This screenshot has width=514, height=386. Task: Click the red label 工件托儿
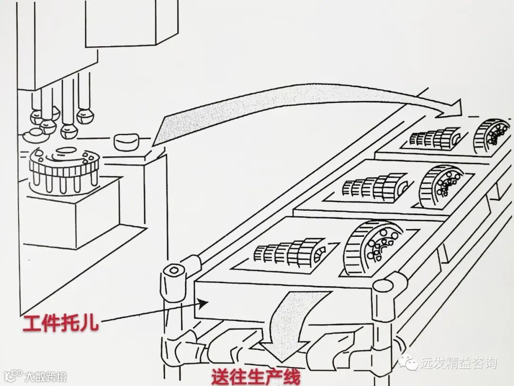pos(61,324)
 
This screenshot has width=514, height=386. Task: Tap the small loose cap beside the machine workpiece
pos(126,141)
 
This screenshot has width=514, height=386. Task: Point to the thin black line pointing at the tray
pos(152,312)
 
